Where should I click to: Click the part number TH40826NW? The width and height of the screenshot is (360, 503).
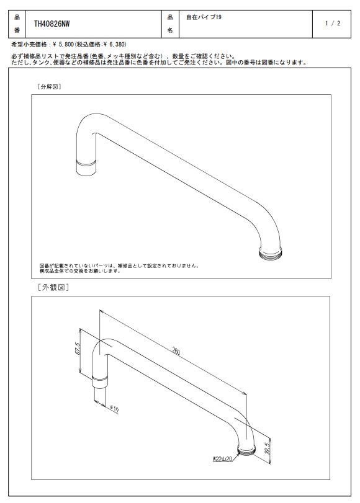[x=52, y=24]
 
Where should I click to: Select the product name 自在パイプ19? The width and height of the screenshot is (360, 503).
[x=204, y=17]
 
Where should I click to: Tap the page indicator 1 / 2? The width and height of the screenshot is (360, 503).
[x=333, y=24]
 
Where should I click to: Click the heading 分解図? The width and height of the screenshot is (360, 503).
[x=49, y=87]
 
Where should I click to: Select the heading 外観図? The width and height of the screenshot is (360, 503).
[x=53, y=287]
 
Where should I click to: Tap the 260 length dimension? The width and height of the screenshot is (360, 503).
[x=176, y=352]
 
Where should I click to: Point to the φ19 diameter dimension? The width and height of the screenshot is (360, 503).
[x=114, y=409]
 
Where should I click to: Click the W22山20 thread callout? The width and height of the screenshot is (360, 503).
[x=222, y=459]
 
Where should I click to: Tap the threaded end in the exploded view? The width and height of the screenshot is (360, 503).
[x=271, y=254]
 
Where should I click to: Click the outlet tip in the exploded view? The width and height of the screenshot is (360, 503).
[x=86, y=168]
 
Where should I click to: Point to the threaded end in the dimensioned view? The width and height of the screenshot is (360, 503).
[x=246, y=450]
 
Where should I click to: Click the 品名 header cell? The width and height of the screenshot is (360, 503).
[x=170, y=24]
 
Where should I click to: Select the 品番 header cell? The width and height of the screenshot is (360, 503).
[x=17, y=24]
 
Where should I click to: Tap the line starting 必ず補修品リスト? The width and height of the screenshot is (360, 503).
[x=124, y=57]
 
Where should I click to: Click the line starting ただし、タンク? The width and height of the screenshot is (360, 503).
[x=159, y=63]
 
